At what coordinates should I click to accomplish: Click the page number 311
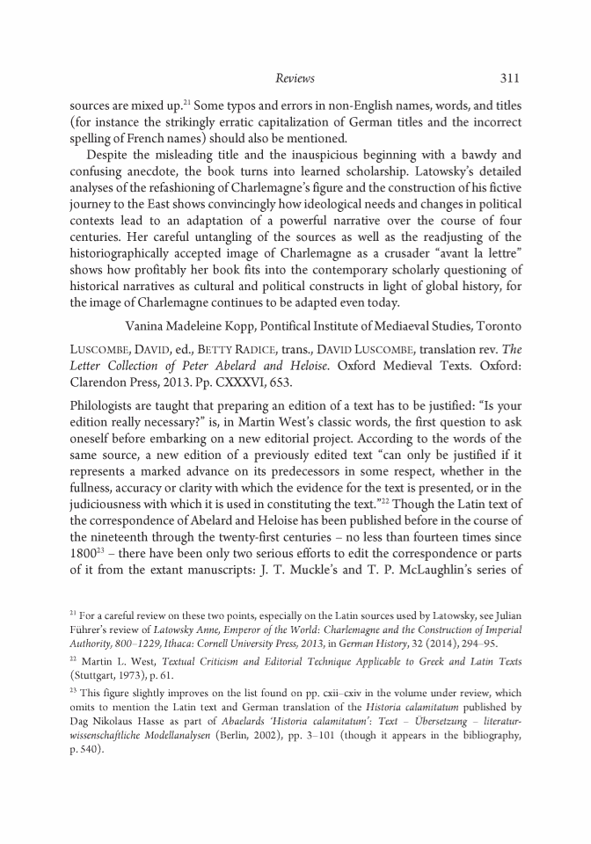click(511, 78)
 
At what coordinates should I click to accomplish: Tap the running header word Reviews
click(295, 78)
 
